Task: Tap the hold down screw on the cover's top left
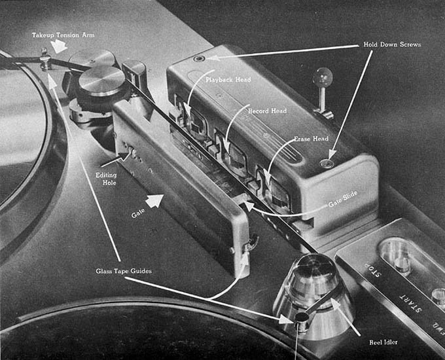click(x=198, y=59)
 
